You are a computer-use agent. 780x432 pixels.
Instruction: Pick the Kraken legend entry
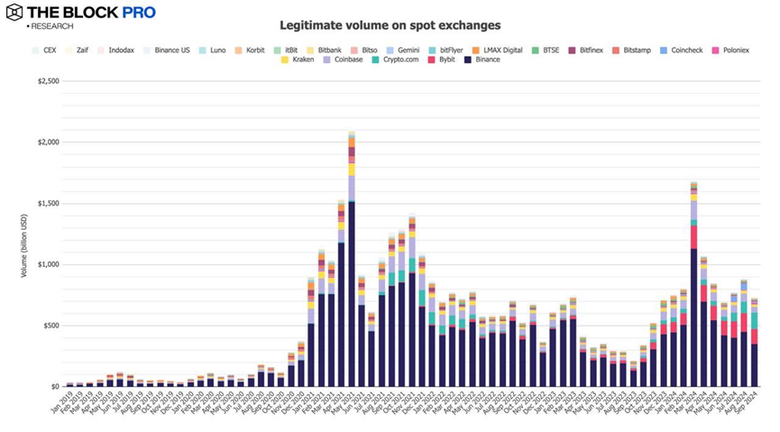pos(298,60)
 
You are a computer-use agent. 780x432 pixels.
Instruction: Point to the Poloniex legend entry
pos(730,50)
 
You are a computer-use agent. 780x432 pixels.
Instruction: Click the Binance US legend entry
pos(172,50)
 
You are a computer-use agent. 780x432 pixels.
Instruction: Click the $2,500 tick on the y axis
pos(48,81)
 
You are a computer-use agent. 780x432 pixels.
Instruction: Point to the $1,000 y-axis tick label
pos(48,264)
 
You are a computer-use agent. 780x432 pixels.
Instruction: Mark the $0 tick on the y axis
pos(54,386)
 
